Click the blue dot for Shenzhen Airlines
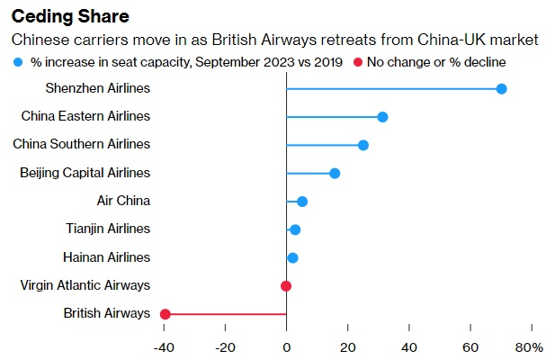point(501,88)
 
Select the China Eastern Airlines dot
point(382,117)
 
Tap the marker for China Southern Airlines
point(363,145)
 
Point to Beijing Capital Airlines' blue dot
point(335,173)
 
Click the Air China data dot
point(302,202)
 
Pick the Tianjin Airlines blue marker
point(295,229)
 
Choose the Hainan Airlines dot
point(292,258)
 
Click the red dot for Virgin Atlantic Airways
point(286,286)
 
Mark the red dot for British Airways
point(165,314)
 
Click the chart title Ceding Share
point(69,17)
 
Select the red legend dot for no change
point(357,62)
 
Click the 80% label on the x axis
point(531,346)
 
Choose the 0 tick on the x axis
point(286,346)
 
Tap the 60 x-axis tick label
point(470,346)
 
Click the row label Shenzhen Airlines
point(97,88)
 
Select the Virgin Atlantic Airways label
point(85,285)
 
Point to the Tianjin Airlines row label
point(108,229)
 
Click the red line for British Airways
point(225,314)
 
